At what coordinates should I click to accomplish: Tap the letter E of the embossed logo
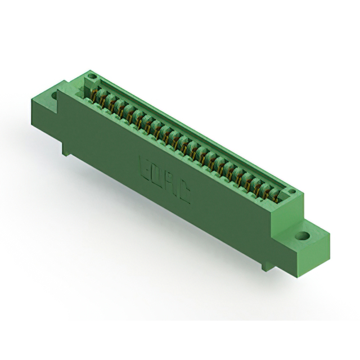pyautogui.click(x=143, y=168)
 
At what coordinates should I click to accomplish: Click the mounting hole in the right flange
pyautogui.click(x=304, y=237)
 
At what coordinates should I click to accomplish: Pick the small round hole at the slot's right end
pyautogui.click(x=291, y=193)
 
